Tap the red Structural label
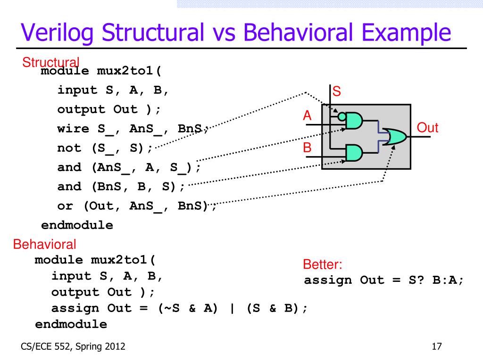51,62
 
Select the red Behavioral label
44,245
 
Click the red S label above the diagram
337,91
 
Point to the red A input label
307,115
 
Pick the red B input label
307,148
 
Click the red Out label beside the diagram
428,128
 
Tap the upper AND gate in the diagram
354,122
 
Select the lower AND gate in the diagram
354,152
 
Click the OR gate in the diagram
395,137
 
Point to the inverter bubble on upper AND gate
341,115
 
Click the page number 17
436,347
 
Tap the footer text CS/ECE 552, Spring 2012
73,347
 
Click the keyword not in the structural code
69,148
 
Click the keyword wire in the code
73,129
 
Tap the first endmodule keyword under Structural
77,225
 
